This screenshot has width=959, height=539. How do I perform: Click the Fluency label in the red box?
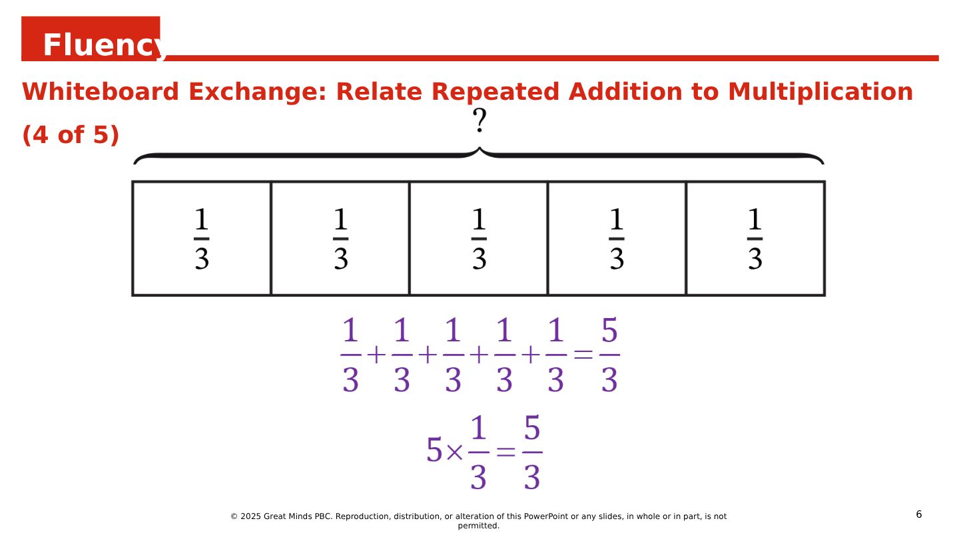103,45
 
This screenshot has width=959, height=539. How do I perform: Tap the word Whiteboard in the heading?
100,92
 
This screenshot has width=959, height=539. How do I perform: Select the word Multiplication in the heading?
820,92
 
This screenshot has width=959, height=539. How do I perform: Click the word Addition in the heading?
625,92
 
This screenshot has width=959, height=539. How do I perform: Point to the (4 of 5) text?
70,134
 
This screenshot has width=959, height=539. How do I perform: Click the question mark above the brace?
479,120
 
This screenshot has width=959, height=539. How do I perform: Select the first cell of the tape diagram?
202,238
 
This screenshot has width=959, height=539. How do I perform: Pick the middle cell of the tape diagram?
479,238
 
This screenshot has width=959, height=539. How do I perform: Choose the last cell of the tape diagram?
755,238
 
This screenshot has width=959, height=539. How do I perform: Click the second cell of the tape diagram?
340,238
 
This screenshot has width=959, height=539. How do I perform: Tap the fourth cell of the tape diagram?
617,238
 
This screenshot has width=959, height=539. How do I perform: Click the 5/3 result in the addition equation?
609,355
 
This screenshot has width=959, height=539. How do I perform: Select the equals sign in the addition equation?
583,355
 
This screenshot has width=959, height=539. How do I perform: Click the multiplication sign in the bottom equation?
454,452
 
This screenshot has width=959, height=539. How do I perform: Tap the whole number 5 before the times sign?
434,450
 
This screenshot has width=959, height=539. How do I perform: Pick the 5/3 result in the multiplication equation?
532,452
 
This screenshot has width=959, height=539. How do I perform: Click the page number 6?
919,514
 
